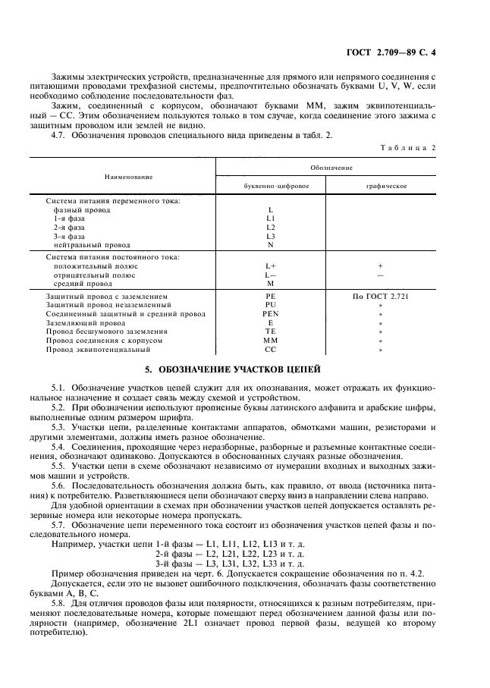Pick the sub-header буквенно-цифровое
click(271, 185)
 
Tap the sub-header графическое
click(381, 185)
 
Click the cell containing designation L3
click(271, 236)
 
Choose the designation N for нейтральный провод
click(271, 245)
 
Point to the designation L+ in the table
click(271, 266)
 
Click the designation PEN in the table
click(271, 313)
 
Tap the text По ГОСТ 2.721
click(381, 296)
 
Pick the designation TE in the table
click(271, 331)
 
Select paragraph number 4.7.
click(58, 134)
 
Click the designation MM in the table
click(271, 341)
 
